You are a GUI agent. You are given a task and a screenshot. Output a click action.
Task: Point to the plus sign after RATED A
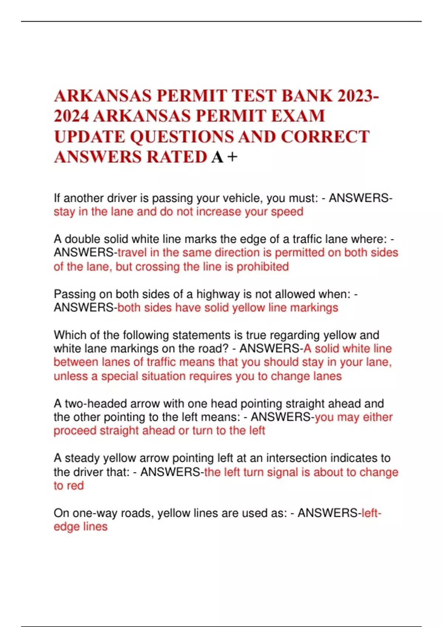(233, 157)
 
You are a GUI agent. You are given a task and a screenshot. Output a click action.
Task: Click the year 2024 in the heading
(71, 116)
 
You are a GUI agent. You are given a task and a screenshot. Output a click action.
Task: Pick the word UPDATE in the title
(89, 137)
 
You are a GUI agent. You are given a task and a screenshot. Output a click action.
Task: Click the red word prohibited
(262, 267)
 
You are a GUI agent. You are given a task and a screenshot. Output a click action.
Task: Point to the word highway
(218, 294)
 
